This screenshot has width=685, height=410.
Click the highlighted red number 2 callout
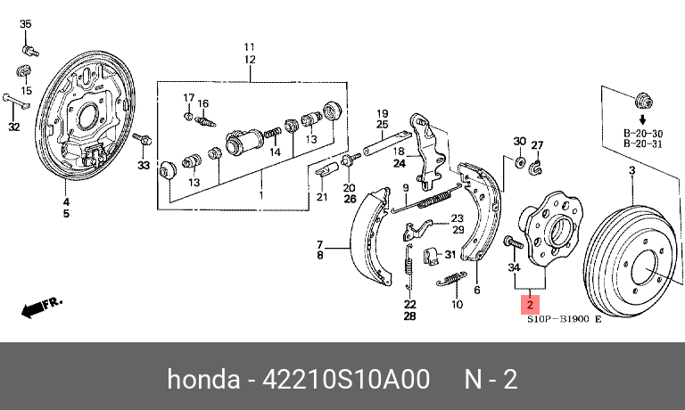click(x=530, y=305)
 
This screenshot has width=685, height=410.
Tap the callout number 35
click(x=26, y=23)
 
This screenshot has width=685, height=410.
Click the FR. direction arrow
click(x=42, y=307)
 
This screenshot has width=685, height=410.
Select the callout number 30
click(x=519, y=141)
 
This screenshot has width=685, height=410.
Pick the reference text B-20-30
click(x=642, y=134)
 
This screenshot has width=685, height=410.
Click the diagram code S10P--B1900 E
click(x=564, y=319)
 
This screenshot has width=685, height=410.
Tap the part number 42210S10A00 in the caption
click(x=345, y=379)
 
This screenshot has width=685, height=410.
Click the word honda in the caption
click(x=203, y=379)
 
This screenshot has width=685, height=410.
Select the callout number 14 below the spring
click(x=275, y=152)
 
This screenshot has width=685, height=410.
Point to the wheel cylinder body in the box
click(x=244, y=142)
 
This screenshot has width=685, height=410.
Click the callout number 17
click(x=189, y=97)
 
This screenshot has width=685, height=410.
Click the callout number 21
click(x=322, y=197)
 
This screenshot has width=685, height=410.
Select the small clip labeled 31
click(x=431, y=256)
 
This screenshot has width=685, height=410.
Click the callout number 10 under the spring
click(x=457, y=304)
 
